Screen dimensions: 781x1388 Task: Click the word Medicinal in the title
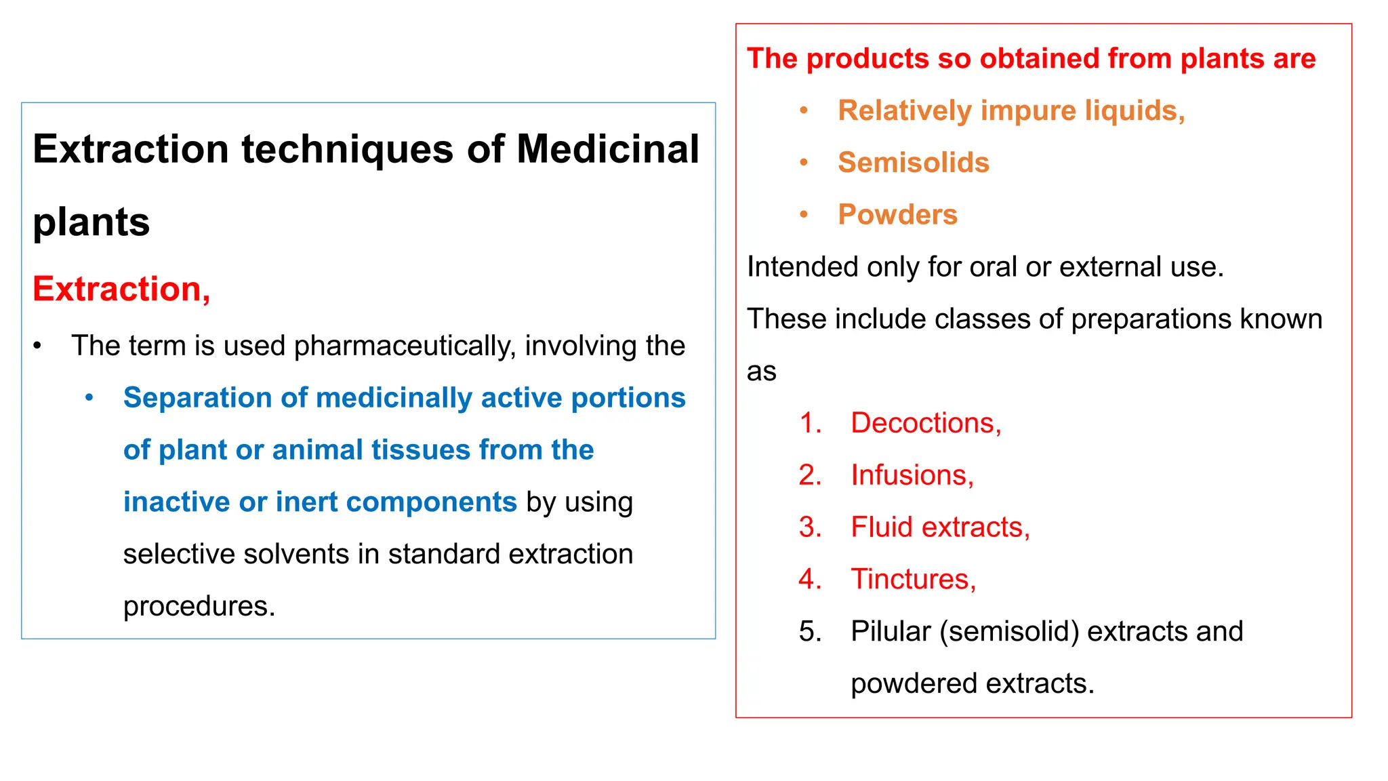click(608, 149)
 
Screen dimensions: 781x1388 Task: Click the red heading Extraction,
click(121, 289)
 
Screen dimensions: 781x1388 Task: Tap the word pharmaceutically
click(405, 346)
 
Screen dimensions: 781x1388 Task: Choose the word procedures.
click(199, 606)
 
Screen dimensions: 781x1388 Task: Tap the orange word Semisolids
click(913, 163)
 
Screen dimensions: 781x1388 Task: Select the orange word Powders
click(897, 215)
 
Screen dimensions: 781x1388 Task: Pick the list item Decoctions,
click(925, 424)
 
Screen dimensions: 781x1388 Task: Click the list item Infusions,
click(912, 475)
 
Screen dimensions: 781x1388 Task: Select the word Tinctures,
click(913, 580)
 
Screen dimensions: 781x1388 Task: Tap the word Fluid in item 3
click(880, 527)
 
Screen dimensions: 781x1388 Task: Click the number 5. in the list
click(810, 632)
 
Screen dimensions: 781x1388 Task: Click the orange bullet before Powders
click(804, 215)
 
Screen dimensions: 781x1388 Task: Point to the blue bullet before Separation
click(89, 398)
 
